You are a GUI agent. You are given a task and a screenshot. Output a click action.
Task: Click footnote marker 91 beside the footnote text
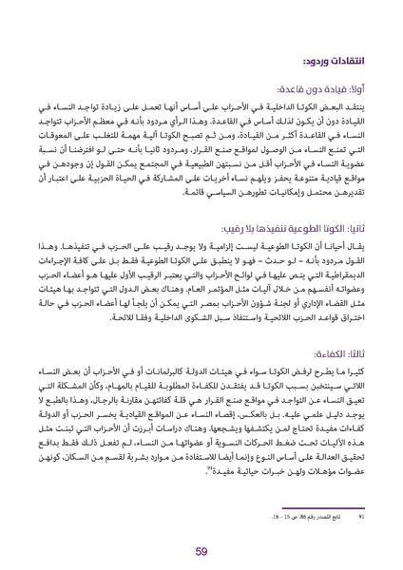358,491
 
